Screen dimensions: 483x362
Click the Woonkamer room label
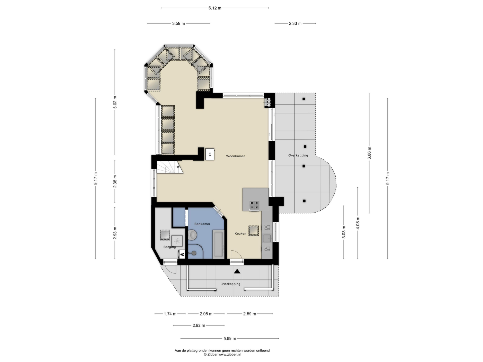[x=235, y=156]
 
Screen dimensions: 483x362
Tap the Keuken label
[x=240, y=234]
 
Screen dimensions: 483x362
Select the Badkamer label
[x=202, y=224]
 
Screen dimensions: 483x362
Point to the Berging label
[x=170, y=247]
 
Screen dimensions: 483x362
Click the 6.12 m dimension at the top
[x=215, y=8]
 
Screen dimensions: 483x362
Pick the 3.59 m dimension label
[x=179, y=24]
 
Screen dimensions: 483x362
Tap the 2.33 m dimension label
[x=295, y=24]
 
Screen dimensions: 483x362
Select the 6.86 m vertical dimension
[x=369, y=153]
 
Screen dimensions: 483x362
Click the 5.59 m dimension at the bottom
[x=230, y=339]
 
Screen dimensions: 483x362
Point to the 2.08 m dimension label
[x=206, y=314]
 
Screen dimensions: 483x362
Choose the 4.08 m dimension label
[x=358, y=223]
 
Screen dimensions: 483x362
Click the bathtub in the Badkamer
[x=218, y=244]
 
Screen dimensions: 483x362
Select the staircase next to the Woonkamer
[x=170, y=167]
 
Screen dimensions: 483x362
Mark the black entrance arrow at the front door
[x=237, y=271]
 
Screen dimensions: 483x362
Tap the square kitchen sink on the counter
[x=267, y=238]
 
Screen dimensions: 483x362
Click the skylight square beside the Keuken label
[x=254, y=231]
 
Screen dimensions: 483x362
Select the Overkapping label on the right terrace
[x=298, y=155]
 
